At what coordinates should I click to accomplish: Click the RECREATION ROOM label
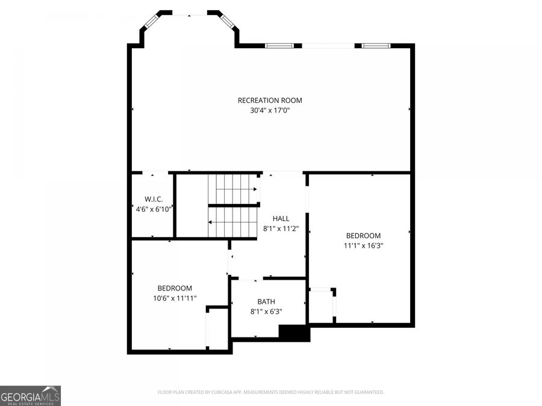point(270,100)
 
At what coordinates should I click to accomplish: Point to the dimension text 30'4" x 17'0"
point(270,110)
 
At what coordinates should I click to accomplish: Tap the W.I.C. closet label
point(154,199)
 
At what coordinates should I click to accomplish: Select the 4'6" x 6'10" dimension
point(154,209)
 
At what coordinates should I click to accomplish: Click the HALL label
point(281,219)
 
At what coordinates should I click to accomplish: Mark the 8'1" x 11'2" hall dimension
point(281,229)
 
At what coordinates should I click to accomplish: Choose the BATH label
point(266,302)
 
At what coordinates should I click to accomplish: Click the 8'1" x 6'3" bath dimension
point(266,312)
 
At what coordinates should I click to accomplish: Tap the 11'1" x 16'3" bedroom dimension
point(363,245)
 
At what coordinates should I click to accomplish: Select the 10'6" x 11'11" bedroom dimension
point(175,298)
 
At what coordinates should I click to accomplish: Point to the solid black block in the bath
point(294,333)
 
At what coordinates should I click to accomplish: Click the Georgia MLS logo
point(30,396)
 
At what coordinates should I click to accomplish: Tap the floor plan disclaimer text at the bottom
point(270,392)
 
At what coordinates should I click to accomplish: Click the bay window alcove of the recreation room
point(189,30)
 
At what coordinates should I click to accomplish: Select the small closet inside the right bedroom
point(320,306)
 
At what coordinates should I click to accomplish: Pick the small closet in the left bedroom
point(217,328)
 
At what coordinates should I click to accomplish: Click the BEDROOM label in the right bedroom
point(363,236)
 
